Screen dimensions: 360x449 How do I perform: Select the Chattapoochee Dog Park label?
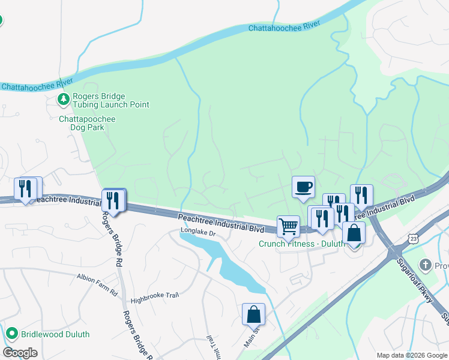pyautogui.click(x=87, y=123)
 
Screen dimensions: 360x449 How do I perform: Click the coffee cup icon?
pyautogui.click(x=303, y=187)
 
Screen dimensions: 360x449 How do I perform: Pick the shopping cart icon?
pyautogui.click(x=288, y=226)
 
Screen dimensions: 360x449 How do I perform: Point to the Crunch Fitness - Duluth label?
pyautogui.click(x=302, y=244)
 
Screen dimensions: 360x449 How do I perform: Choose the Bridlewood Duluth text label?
pyautogui.click(x=55, y=334)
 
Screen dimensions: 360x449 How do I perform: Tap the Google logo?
pyautogui.click(x=20, y=353)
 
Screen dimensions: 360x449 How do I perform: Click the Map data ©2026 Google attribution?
pyautogui.click(x=411, y=355)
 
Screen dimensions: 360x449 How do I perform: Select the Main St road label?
pyautogui.click(x=252, y=336)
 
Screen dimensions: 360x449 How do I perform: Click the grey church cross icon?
pyautogui.click(x=426, y=265)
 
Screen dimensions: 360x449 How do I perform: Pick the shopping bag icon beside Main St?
pyautogui.click(x=253, y=313)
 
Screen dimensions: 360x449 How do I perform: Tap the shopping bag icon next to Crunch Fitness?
pyautogui.click(x=354, y=233)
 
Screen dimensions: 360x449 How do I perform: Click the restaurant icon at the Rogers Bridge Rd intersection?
pyautogui.click(x=113, y=200)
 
